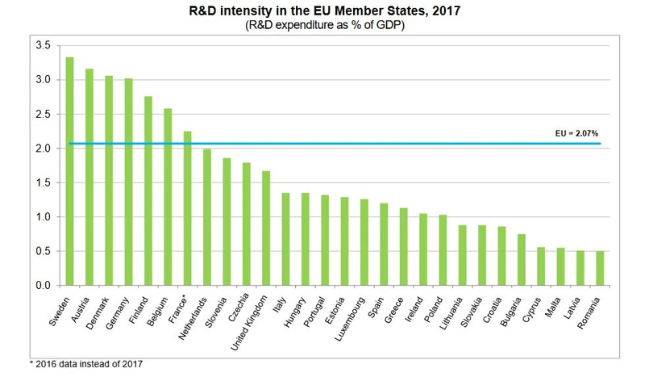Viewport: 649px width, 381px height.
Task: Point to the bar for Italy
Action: pos(285,239)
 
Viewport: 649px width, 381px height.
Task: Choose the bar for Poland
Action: pos(442,250)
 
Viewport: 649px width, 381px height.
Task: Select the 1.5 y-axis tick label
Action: pos(43,183)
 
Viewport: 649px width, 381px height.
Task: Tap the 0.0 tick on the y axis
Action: pos(43,286)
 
